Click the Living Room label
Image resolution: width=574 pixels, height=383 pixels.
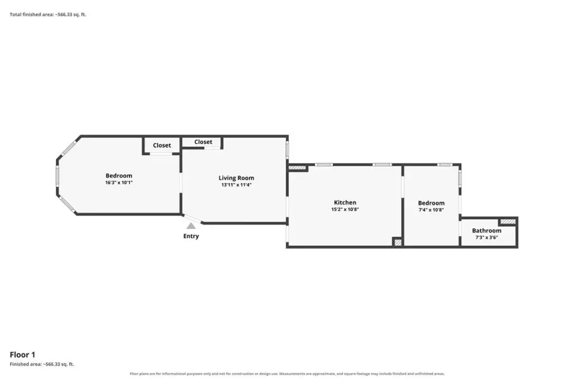click(236, 178)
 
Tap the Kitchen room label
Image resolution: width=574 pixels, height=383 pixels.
click(345, 203)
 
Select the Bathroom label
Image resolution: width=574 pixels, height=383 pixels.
click(487, 231)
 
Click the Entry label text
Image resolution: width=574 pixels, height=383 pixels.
click(191, 236)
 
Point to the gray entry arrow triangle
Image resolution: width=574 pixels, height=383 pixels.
click(191, 226)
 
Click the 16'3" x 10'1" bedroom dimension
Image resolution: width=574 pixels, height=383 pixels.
click(119, 183)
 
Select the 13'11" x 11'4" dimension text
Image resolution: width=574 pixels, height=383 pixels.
click(236, 185)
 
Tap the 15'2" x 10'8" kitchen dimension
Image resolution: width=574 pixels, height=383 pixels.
click(345, 209)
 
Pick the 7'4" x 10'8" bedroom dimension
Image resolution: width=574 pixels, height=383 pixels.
click(431, 210)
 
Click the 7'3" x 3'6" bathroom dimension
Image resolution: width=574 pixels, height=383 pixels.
click(487, 238)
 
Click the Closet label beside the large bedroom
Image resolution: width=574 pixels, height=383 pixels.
click(162, 145)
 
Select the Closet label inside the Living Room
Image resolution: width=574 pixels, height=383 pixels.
click(203, 142)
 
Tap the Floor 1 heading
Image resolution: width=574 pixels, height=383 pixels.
click(22, 355)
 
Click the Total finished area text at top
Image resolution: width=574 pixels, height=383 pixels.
click(48, 15)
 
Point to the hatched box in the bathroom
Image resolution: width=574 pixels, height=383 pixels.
click(508, 222)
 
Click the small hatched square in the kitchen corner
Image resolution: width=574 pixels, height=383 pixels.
click(397, 243)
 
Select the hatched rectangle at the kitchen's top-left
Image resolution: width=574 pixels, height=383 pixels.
click(297, 168)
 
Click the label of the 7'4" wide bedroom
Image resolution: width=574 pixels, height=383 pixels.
click(431, 203)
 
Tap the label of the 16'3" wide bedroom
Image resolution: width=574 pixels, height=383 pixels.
click(119, 176)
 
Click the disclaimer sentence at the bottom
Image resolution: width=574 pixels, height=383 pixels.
click(287, 374)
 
